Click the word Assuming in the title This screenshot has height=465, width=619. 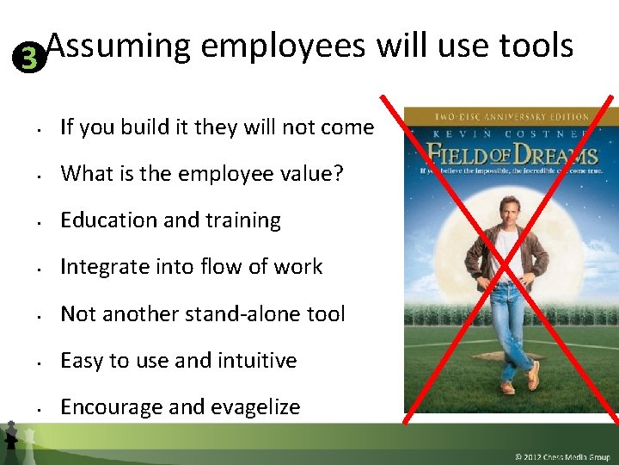118,45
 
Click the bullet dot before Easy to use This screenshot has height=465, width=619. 41,363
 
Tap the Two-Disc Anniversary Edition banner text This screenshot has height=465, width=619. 512,116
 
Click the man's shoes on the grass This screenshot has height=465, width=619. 516,383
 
